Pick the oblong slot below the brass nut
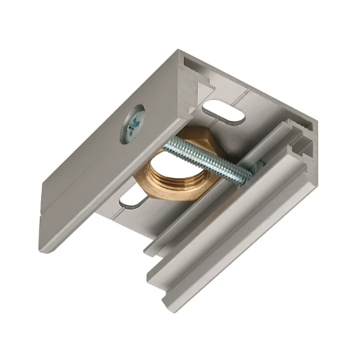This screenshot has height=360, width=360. point(133,201)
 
